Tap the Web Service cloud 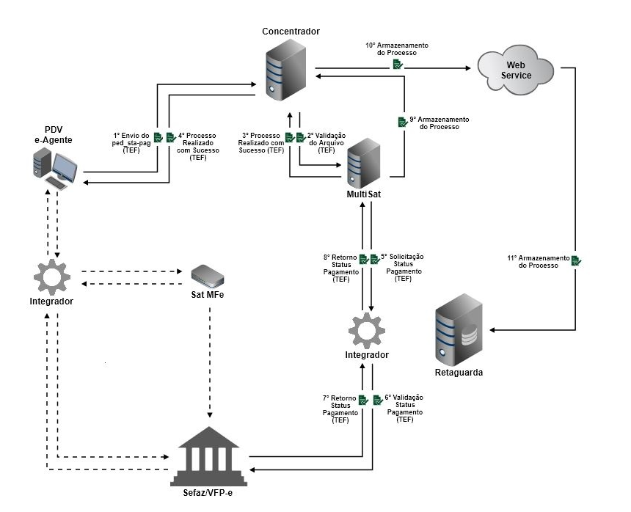click(515, 70)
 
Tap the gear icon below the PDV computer click(52, 277)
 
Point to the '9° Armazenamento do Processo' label click(439, 122)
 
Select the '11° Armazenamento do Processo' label click(538, 261)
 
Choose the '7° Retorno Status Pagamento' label click(340, 409)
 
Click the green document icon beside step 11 click(577, 260)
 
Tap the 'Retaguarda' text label click(459, 373)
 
